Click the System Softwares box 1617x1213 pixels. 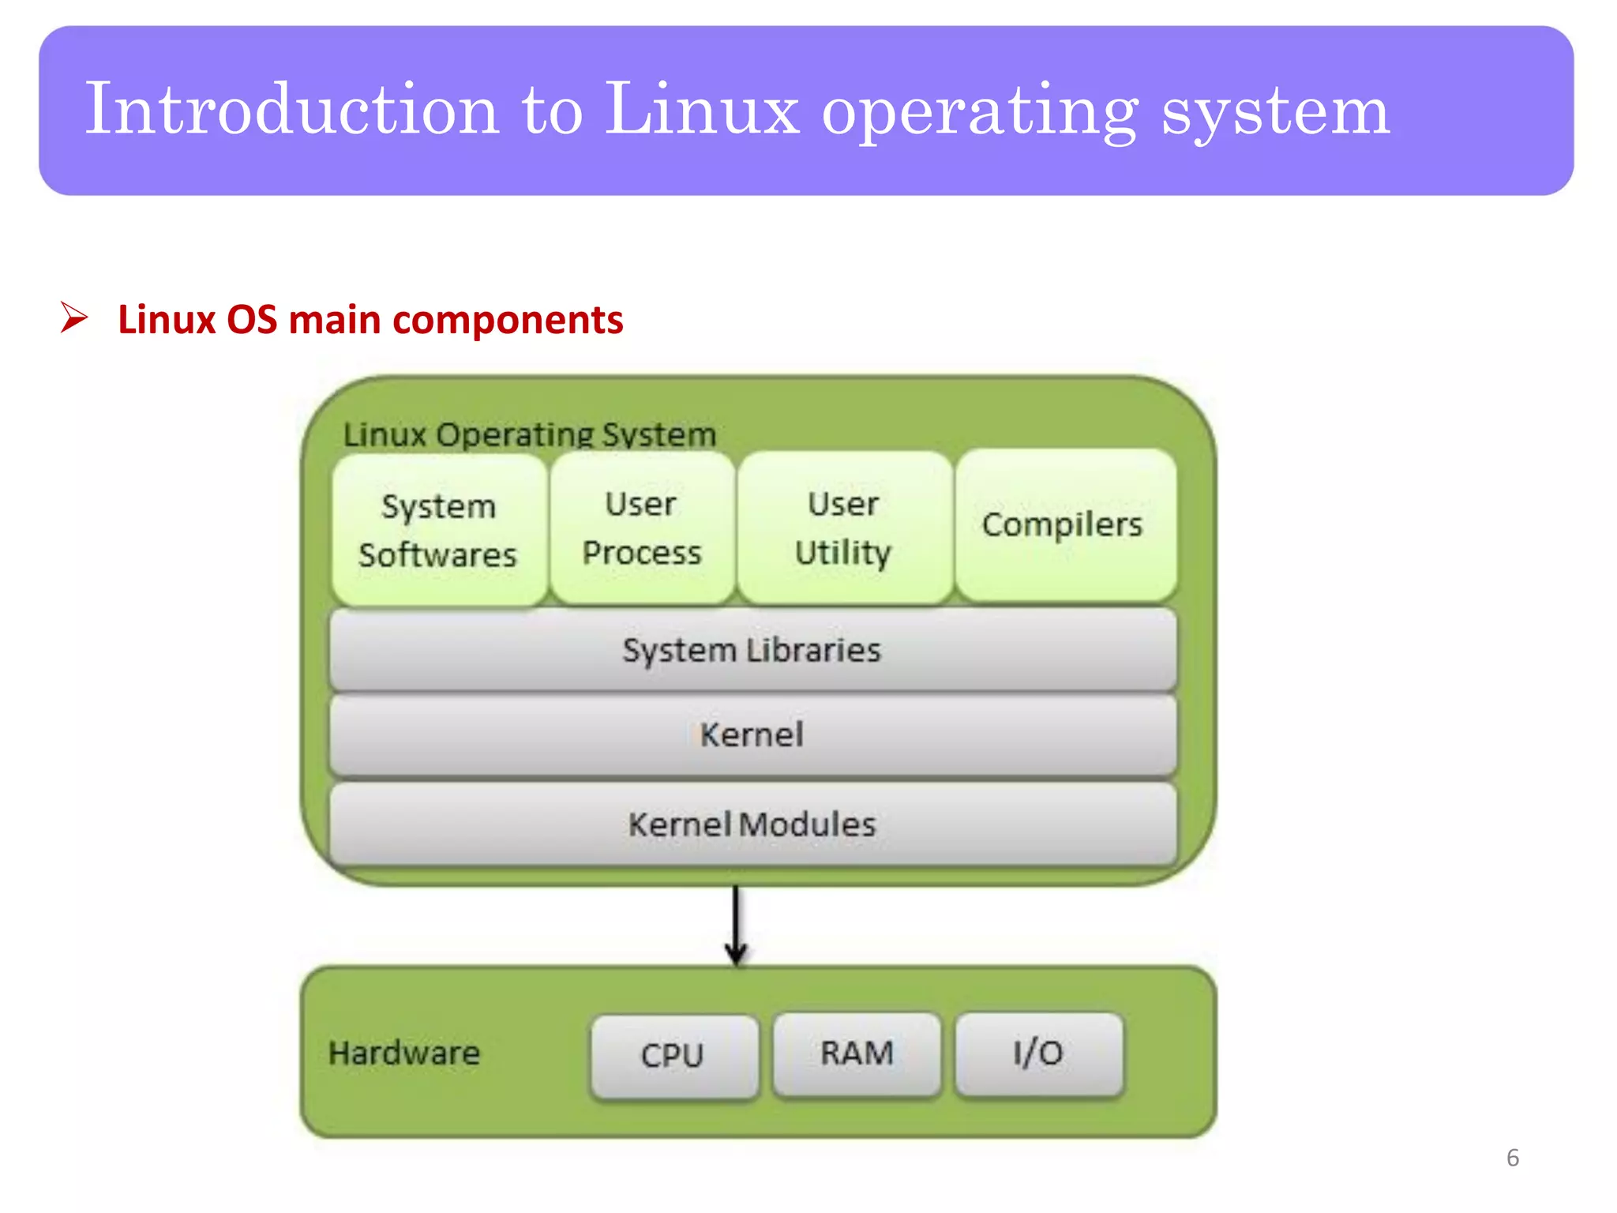(x=438, y=530)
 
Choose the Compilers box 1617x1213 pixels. (x=1064, y=525)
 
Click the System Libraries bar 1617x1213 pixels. (x=752, y=651)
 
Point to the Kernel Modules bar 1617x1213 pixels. (x=752, y=824)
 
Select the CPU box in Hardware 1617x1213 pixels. (x=673, y=1055)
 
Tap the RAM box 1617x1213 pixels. (x=857, y=1053)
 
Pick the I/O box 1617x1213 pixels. (x=1038, y=1053)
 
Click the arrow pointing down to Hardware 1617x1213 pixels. (x=736, y=924)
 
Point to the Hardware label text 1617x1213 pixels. (x=404, y=1053)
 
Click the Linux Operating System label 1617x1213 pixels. (x=530, y=435)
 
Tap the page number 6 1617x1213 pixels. (x=1512, y=1158)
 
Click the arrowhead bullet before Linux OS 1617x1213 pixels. (x=74, y=318)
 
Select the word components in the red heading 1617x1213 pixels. (x=508, y=321)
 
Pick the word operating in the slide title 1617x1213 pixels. (x=980, y=111)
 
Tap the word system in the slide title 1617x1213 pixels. (x=1274, y=111)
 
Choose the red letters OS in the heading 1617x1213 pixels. (x=252, y=320)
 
